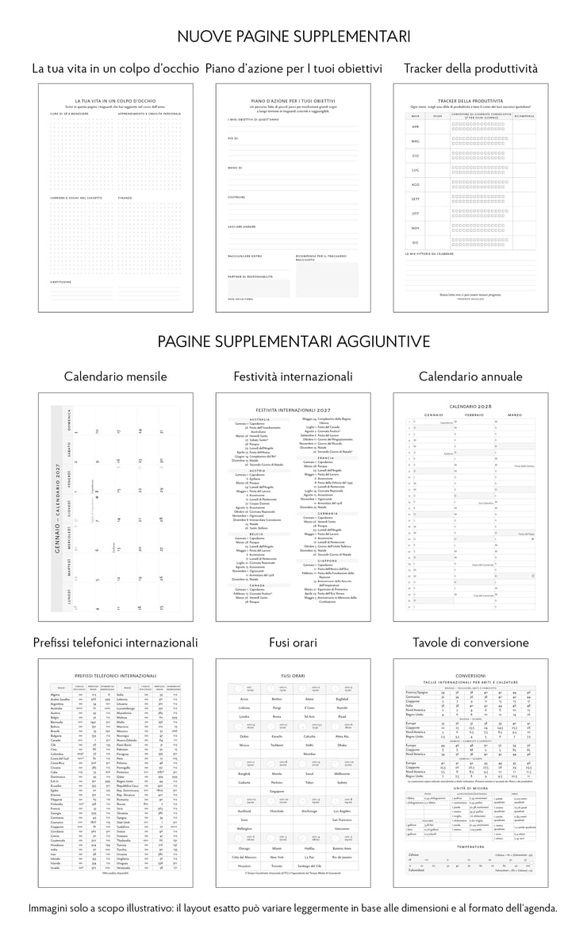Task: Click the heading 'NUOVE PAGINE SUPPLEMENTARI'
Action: click(293, 37)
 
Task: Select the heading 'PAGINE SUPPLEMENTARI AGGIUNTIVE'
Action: click(293, 341)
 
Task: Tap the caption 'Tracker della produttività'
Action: click(470, 69)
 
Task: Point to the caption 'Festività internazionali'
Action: click(293, 376)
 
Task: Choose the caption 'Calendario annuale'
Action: click(470, 376)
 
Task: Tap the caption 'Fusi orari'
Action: click(293, 642)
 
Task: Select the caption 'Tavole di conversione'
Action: click(470, 642)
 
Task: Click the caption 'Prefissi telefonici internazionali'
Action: click(115, 642)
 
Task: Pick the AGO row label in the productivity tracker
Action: click(415, 183)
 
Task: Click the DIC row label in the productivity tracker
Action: click(415, 242)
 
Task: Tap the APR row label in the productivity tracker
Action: click(415, 126)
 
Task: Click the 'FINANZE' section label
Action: click(125, 198)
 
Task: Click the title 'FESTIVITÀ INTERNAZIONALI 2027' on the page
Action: click(293, 409)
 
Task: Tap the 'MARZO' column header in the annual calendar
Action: click(516, 415)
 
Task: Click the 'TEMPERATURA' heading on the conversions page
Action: click(470, 847)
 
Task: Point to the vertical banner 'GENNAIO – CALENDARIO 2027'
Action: click(56, 508)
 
